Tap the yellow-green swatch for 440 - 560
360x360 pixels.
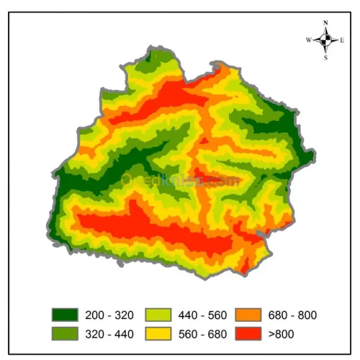click(x=158, y=315)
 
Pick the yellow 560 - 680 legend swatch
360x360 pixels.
click(x=158, y=333)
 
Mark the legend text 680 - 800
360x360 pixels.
click(x=293, y=315)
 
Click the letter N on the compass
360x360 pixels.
click(x=326, y=23)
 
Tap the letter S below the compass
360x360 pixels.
click(x=326, y=58)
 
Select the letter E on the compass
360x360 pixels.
click(x=343, y=40)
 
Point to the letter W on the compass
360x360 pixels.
click(x=309, y=40)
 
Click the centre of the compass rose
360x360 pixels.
click(x=326, y=40)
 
